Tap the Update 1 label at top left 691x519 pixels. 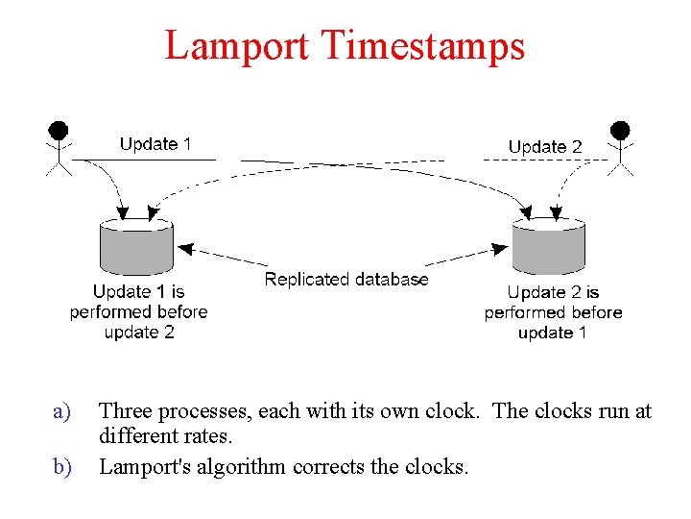[155, 144]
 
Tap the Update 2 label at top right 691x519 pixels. [545, 147]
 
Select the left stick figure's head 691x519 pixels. [60, 130]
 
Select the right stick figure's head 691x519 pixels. [620, 130]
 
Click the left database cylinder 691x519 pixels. [136, 247]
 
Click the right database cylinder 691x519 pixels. [548, 248]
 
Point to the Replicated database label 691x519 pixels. [346, 280]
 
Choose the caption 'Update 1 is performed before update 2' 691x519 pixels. [138, 311]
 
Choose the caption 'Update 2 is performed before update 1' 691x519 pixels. [553, 312]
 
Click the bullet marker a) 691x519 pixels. [62, 412]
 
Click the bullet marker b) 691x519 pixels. [62, 468]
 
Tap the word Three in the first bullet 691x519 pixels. [126, 412]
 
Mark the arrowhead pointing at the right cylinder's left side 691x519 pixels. [500, 248]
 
